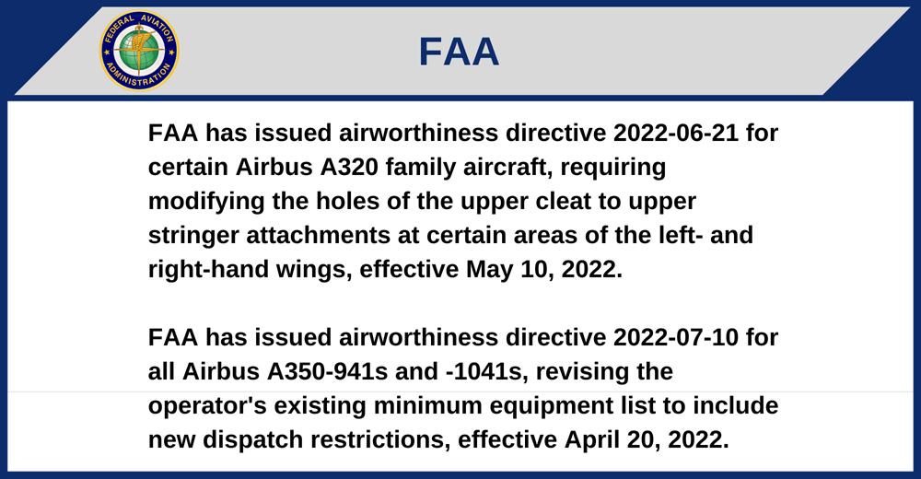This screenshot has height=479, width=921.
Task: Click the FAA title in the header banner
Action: pos(459,52)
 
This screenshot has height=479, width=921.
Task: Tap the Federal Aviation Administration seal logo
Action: pos(139,51)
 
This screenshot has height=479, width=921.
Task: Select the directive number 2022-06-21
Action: pos(675,133)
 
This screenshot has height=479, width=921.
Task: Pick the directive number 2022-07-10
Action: pos(675,337)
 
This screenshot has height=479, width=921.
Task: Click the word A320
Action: pos(349,167)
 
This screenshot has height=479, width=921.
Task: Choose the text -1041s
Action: pos(484,371)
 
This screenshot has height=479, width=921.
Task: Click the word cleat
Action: pos(564,201)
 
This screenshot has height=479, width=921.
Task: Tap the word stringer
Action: pos(193,235)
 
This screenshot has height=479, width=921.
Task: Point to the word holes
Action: pos(344,201)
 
